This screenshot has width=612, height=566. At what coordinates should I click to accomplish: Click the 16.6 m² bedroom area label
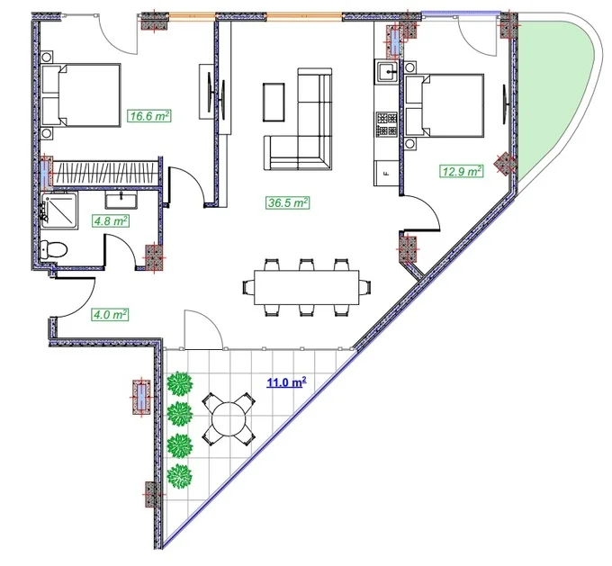click(x=150, y=116)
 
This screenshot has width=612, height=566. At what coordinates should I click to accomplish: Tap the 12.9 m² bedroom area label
click(x=462, y=171)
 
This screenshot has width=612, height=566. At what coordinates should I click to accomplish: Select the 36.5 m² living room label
click(x=288, y=203)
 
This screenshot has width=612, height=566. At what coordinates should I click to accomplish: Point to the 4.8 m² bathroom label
click(x=111, y=221)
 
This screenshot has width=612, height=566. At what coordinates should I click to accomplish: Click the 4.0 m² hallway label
click(x=110, y=314)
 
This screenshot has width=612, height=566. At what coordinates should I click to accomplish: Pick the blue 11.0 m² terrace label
click(x=286, y=382)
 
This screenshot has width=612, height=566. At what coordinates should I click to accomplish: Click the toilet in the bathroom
click(x=54, y=249)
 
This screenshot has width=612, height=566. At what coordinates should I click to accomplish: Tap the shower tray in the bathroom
click(x=59, y=210)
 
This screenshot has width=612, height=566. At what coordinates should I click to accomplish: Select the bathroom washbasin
click(x=121, y=201)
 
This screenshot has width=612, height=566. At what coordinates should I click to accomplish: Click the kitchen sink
click(x=387, y=71)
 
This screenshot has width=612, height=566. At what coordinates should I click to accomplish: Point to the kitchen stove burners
click(x=387, y=124)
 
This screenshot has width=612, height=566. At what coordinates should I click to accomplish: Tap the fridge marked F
click(x=386, y=174)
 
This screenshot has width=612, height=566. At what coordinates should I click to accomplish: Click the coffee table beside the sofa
click(x=274, y=102)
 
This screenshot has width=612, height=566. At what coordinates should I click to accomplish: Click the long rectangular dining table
click(x=306, y=287)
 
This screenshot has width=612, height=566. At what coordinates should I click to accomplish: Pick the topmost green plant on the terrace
click(x=180, y=383)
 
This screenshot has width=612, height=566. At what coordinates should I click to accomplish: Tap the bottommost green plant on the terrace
click(x=179, y=476)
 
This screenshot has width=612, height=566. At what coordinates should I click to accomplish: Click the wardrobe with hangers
click(x=104, y=174)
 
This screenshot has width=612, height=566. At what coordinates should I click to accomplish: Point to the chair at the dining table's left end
click(x=248, y=287)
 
